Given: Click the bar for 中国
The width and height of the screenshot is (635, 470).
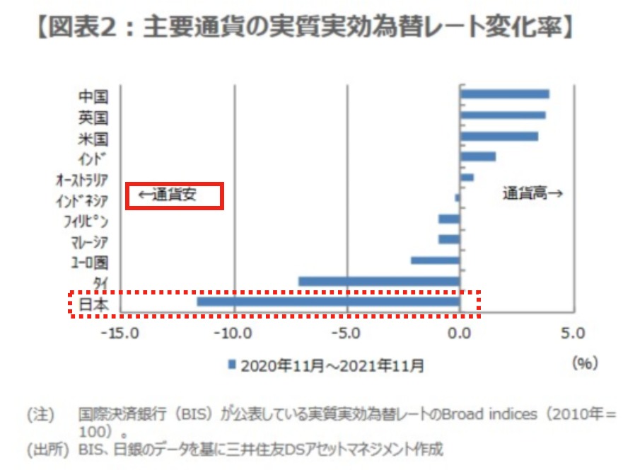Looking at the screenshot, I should click(x=504, y=94).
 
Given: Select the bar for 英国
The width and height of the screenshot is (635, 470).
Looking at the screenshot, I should click(x=502, y=115).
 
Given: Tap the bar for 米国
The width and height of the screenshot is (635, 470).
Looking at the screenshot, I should click(x=499, y=136).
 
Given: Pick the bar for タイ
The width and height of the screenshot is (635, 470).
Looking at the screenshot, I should click(x=379, y=282).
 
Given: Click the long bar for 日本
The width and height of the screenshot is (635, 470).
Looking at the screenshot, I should click(x=328, y=302).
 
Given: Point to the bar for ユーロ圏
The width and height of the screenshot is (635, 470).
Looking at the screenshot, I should click(x=435, y=260).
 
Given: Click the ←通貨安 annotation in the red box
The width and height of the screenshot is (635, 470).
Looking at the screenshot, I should click(x=175, y=195).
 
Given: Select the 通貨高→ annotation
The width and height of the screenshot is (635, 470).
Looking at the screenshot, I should click(x=532, y=193).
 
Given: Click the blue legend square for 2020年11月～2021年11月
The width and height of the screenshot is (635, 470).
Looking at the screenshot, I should click(x=231, y=365).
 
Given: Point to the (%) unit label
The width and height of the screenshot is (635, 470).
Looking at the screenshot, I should click(x=585, y=363).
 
